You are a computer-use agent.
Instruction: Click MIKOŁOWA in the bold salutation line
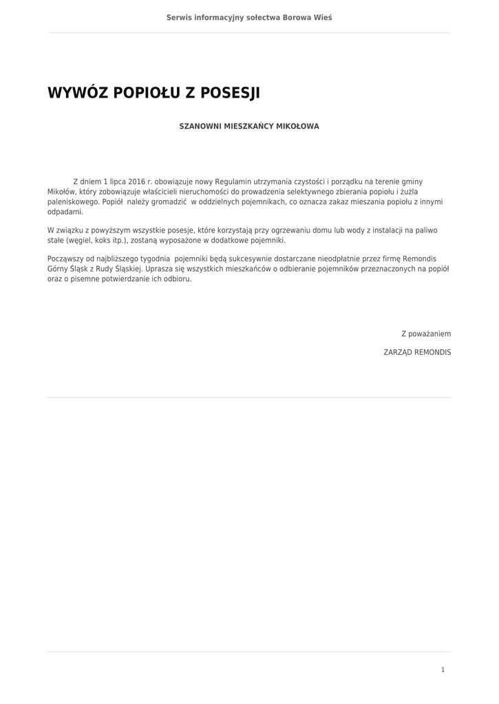297,126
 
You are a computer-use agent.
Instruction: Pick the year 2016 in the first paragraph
137,181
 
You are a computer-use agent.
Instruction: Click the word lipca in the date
114,181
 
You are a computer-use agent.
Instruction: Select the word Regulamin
235,181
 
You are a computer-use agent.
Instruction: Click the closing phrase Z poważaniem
426,333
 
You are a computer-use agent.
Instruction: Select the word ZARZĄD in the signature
397,351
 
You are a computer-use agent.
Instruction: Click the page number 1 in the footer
443,670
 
